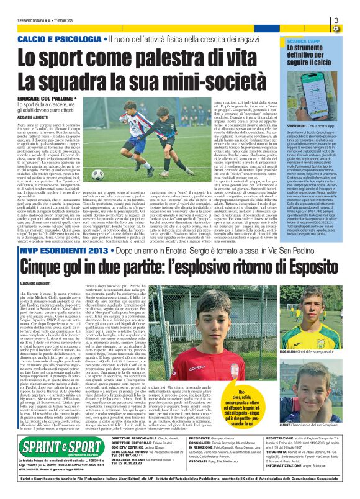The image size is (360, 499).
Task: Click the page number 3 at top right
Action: point(352,20)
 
